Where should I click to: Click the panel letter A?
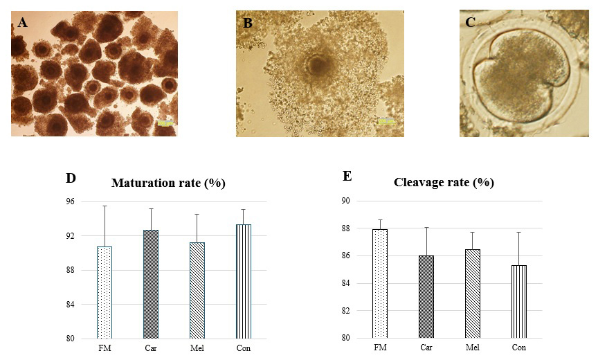[23, 23]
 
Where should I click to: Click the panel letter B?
[247, 23]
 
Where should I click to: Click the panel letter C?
[470, 22]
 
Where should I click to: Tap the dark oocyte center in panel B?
[318, 66]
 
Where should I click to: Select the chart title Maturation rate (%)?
[169, 183]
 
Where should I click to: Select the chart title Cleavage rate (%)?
[443, 183]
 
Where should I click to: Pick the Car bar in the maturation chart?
[151, 284]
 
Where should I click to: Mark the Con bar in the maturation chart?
[243, 281]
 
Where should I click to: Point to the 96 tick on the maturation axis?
[70, 201]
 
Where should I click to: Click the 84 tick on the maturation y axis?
[70, 305]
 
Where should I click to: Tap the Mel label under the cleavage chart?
[472, 347]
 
